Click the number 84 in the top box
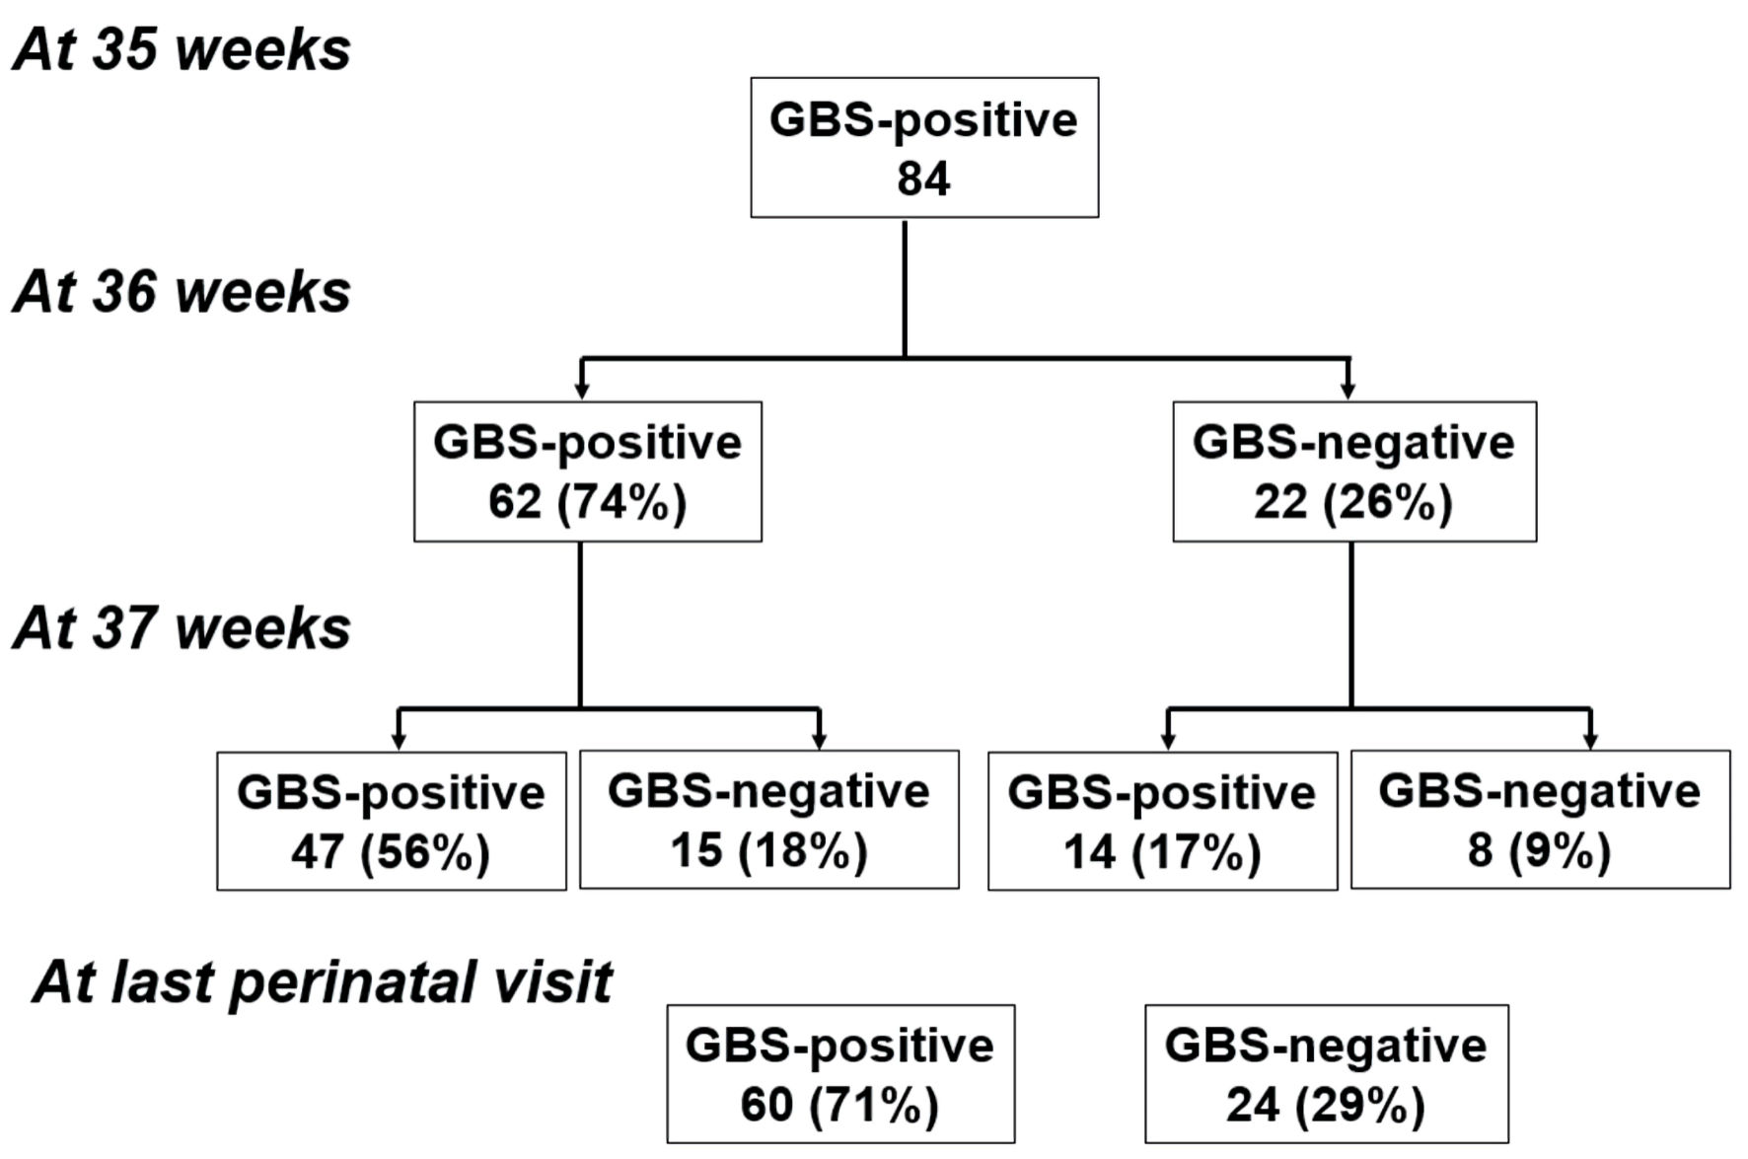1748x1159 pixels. (923, 180)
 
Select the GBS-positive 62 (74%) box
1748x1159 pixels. (588, 471)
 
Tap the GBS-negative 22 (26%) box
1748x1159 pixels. (1354, 471)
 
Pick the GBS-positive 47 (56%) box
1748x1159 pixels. (392, 821)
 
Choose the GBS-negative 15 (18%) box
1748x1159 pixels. (769, 820)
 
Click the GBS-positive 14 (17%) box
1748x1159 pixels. (1163, 821)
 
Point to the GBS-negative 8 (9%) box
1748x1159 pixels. (1541, 820)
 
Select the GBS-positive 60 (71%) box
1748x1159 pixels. (840, 1074)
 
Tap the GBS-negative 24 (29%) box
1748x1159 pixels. (1327, 1074)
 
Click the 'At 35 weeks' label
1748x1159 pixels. (182, 49)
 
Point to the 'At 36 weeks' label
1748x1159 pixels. (182, 292)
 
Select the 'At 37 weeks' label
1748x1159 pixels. (182, 627)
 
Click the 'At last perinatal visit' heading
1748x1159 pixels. (323, 982)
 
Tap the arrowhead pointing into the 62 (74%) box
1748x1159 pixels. (582, 392)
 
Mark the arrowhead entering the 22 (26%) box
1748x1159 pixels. (1348, 392)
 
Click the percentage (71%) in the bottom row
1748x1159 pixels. (874, 1105)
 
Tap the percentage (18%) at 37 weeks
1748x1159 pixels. (803, 850)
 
